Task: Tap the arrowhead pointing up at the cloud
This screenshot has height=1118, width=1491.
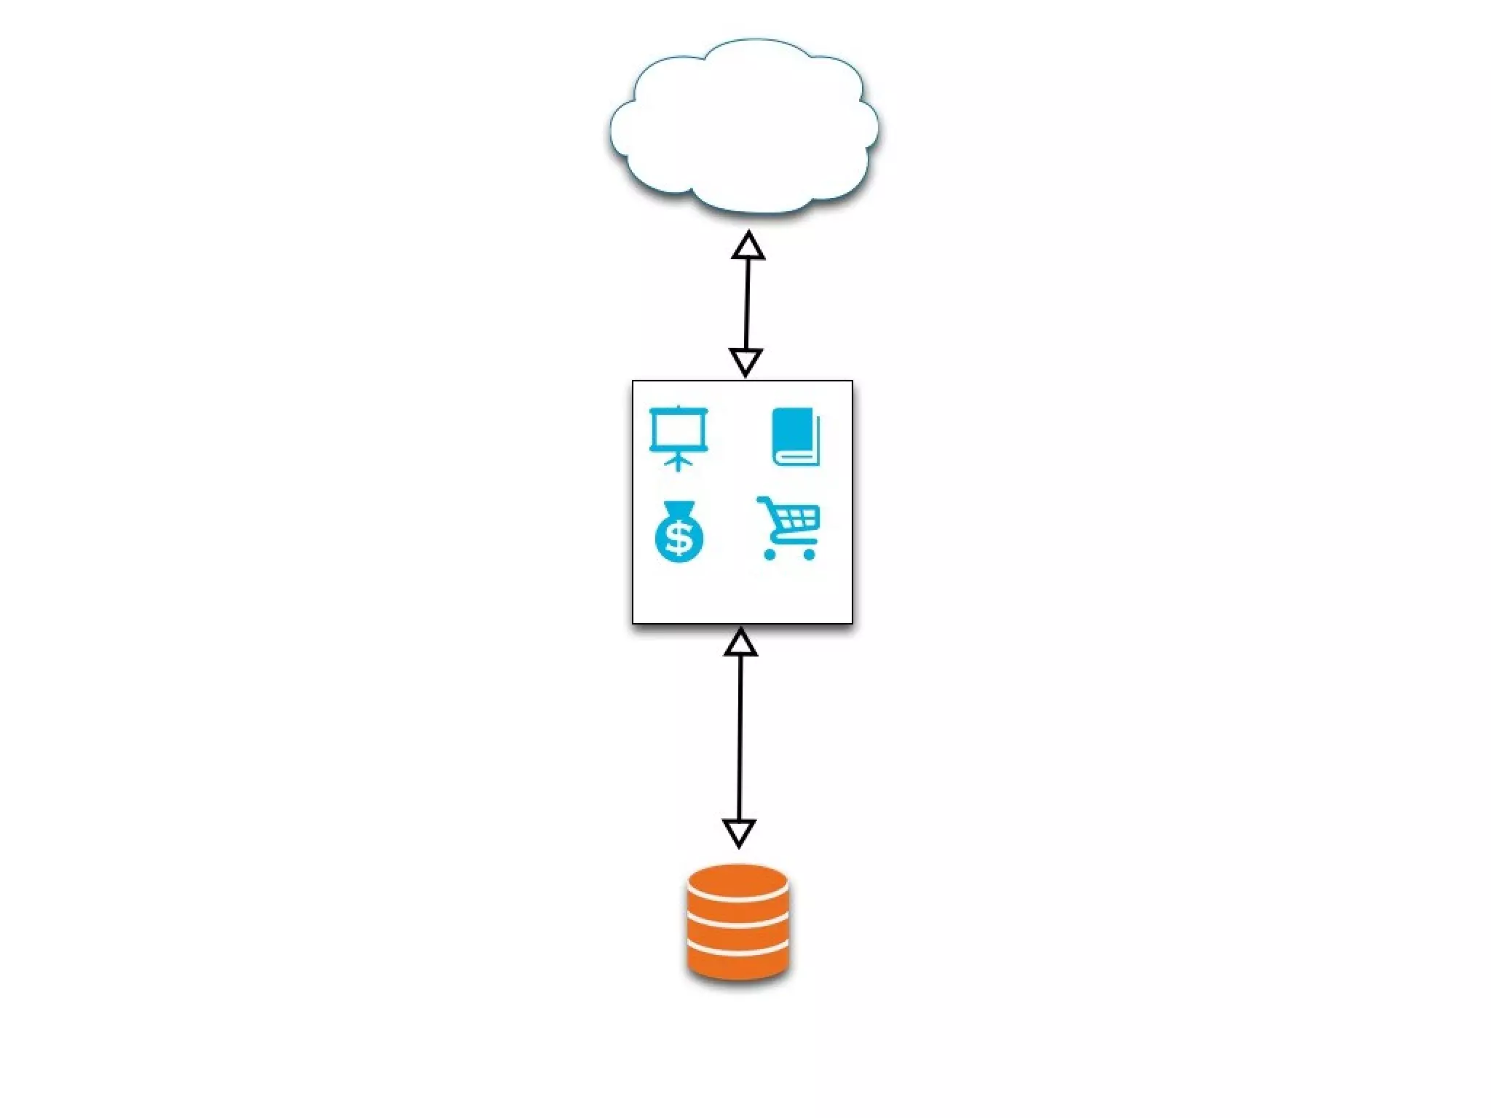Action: click(748, 247)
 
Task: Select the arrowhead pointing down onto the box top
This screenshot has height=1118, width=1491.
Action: click(745, 361)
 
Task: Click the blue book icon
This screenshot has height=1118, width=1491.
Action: click(795, 437)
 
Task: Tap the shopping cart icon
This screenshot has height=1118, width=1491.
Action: click(789, 528)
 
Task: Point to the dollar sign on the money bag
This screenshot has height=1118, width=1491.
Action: click(679, 539)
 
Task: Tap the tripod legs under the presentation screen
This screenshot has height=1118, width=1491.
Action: click(678, 463)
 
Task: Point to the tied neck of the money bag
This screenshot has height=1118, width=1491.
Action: click(678, 507)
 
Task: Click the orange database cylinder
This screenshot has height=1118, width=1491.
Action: click(737, 921)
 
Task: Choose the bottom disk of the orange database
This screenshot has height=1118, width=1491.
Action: click(737, 964)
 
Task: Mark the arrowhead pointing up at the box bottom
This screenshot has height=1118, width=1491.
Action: click(740, 643)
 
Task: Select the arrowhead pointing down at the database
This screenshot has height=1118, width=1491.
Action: click(739, 832)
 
